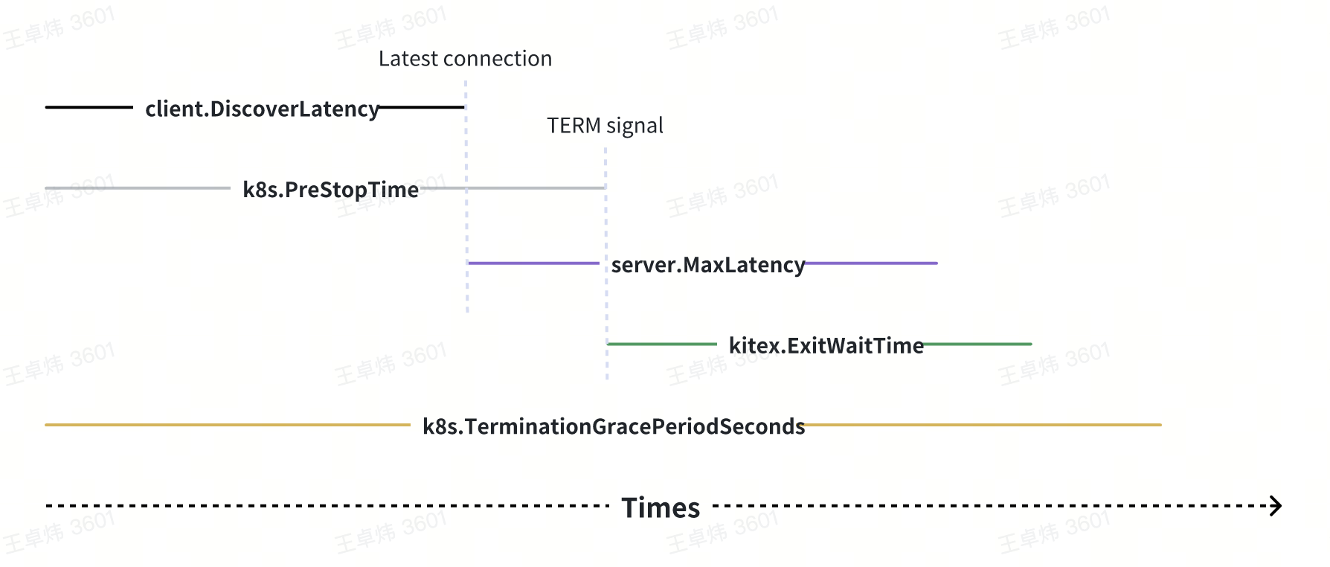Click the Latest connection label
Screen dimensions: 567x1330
coord(465,59)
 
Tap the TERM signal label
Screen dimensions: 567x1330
coord(605,126)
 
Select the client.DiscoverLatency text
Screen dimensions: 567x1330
coord(262,109)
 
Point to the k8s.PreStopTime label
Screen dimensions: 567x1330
coord(330,190)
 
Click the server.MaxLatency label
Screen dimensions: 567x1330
coord(707,265)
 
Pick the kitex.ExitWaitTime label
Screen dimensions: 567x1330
coord(826,345)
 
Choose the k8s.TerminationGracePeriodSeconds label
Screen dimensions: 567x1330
coord(614,426)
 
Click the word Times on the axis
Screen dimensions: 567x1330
coord(661,507)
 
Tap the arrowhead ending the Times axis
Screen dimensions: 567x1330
coord(1276,506)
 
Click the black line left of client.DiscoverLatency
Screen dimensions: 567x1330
coord(89,107)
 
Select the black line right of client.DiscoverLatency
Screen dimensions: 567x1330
coord(422,107)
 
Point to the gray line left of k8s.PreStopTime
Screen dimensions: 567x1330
coord(138,188)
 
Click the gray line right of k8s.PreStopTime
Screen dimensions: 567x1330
coord(513,188)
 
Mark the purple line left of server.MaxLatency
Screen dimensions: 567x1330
coord(533,263)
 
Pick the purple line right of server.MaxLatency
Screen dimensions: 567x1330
coord(871,263)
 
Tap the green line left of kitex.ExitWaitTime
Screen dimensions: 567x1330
coord(662,344)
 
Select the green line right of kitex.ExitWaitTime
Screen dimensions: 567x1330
coord(977,344)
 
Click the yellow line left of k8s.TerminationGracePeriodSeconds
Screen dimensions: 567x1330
coord(227,425)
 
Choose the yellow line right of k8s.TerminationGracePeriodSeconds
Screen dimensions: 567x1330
coord(983,425)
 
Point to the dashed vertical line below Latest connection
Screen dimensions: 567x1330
coord(466,223)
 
